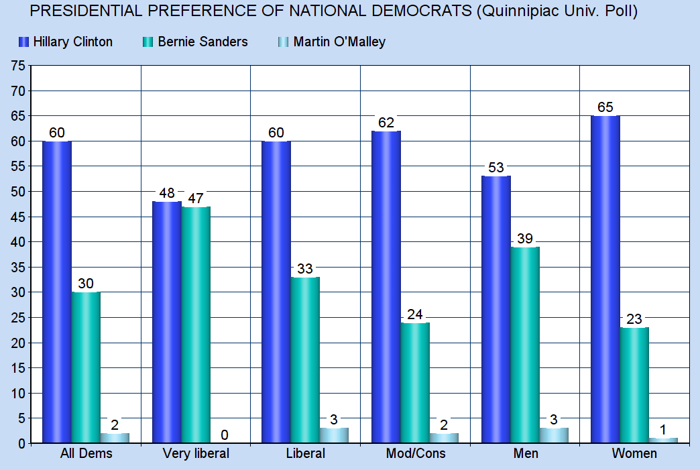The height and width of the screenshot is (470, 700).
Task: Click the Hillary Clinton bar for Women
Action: (605, 279)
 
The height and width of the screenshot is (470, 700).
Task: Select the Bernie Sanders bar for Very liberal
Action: (196, 325)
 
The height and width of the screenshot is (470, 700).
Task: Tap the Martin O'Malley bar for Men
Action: (554, 435)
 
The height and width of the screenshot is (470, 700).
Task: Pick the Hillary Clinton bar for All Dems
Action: (57, 292)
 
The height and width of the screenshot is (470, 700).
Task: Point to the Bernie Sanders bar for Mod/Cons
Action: (415, 382)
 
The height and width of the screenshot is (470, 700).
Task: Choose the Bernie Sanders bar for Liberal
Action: (305, 359)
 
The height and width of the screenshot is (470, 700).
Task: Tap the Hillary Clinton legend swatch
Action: (23, 42)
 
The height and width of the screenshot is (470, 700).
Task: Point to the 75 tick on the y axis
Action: (18, 66)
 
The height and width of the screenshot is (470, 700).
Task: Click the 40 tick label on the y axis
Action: (18, 242)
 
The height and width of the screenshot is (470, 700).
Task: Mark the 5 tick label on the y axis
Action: (21, 418)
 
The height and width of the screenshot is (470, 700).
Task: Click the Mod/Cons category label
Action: (416, 454)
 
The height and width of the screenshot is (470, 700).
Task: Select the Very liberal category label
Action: (196, 454)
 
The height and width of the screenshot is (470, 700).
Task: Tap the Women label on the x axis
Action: (634, 454)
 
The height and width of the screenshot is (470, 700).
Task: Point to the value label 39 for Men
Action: (525, 238)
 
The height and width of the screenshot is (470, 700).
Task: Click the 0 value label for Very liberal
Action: (225, 434)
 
